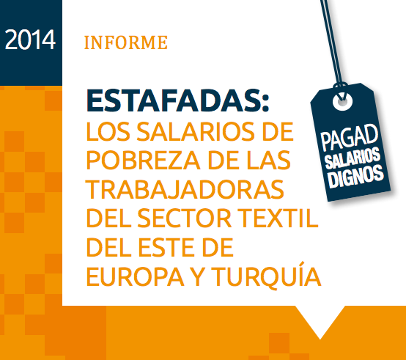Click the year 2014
pyautogui.click(x=30, y=40)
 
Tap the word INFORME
pyautogui.click(x=126, y=43)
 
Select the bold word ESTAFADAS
pyautogui.click(x=173, y=100)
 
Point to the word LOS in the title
pyautogui.click(x=108, y=131)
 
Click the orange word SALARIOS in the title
pyautogui.click(x=196, y=131)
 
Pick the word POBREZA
pyautogui.click(x=143, y=160)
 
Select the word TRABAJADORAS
pyautogui.click(x=185, y=189)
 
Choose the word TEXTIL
pyautogui.click(x=278, y=218)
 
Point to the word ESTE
pyautogui.click(x=166, y=247)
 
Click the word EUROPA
pyautogui.click(x=135, y=276)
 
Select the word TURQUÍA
pyautogui.click(x=267, y=274)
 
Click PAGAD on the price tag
pyautogui.click(x=350, y=137)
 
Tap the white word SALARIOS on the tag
pyautogui.click(x=353, y=158)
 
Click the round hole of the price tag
pyautogui.click(x=342, y=101)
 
